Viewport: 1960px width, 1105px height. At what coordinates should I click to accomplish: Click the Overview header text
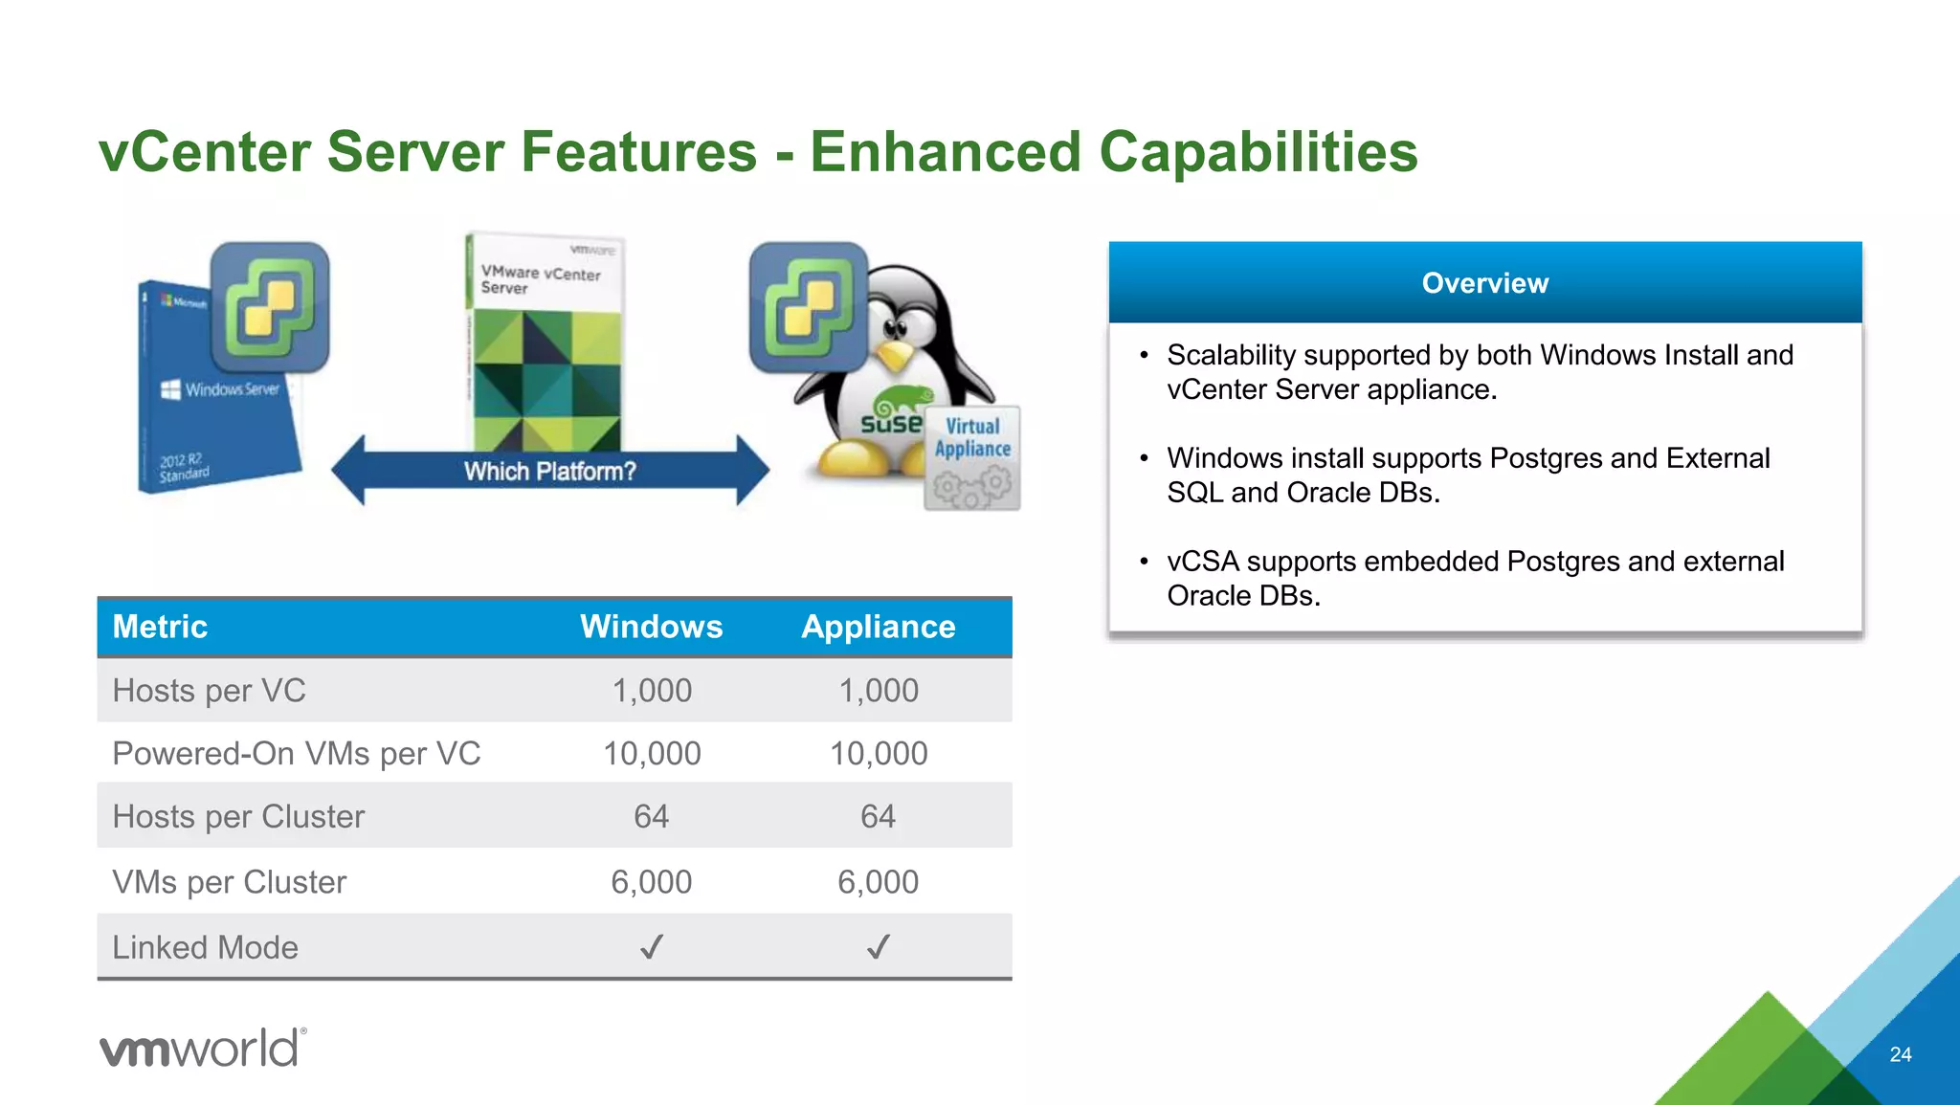point(1484,283)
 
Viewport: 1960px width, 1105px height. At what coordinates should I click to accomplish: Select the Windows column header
point(651,627)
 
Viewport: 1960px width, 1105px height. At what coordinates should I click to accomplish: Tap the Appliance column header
point(878,627)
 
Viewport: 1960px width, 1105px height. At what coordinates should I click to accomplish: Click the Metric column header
point(160,627)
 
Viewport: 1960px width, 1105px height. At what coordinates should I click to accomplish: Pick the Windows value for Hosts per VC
point(651,691)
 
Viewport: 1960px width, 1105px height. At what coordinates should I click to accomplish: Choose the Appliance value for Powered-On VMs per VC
point(878,754)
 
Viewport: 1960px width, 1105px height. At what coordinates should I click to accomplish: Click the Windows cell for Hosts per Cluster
point(651,817)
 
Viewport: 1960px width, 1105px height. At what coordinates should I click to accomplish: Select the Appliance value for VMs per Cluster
point(878,882)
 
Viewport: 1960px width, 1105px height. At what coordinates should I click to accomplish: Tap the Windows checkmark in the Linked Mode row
point(651,947)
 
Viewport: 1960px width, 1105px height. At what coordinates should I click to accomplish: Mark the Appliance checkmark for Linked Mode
point(878,947)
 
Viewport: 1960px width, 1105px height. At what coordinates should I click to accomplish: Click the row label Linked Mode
point(205,947)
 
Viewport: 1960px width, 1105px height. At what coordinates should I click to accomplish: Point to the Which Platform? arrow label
point(549,472)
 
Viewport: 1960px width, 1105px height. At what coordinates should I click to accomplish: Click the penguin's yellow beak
point(896,357)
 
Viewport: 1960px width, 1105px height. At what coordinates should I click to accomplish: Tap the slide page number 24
point(1900,1054)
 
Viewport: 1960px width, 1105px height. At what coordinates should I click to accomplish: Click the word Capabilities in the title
point(1258,153)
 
